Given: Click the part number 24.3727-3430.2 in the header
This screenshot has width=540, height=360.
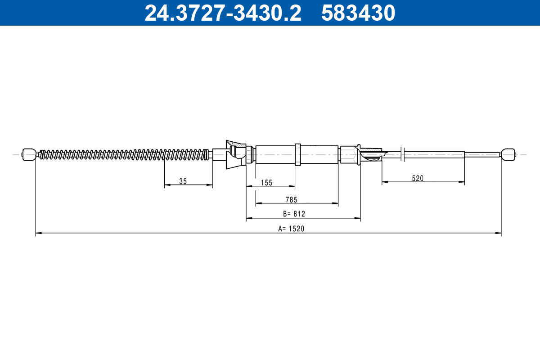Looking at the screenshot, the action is tap(223, 13).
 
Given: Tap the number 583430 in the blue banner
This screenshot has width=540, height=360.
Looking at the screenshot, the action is tap(358, 13).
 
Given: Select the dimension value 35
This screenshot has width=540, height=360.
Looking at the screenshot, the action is tap(183, 181).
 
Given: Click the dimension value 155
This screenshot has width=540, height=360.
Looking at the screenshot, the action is tap(266, 183).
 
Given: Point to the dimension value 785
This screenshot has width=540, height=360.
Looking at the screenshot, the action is tap(292, 200).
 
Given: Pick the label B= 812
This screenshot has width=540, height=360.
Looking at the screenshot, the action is tap(294, 214).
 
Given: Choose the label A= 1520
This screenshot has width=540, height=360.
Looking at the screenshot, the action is tap(291, 228).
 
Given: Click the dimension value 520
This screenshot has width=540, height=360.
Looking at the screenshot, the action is tap(418, 178).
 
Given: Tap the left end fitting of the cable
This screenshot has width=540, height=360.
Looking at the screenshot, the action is tap(29, 154).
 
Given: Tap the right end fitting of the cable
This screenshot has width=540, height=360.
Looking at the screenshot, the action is tap(508, 154).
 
